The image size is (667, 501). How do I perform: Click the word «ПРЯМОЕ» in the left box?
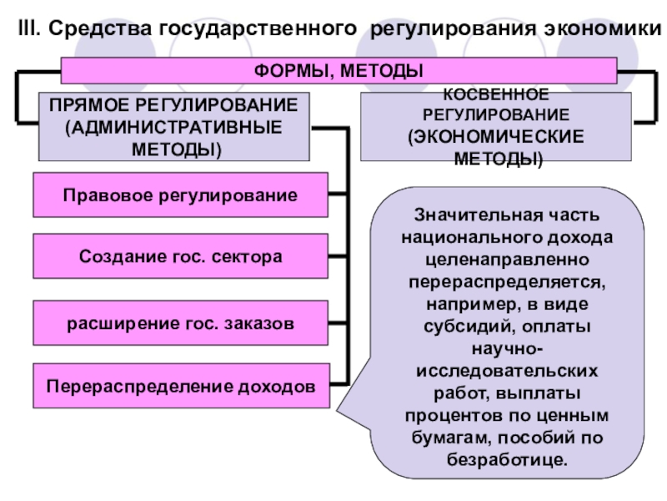click(84, 107)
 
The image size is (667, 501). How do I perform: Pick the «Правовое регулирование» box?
click(180, 195)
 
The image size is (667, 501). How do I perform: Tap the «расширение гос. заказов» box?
click(180, 321)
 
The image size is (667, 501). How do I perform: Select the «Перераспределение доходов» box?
click(180, 387)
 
